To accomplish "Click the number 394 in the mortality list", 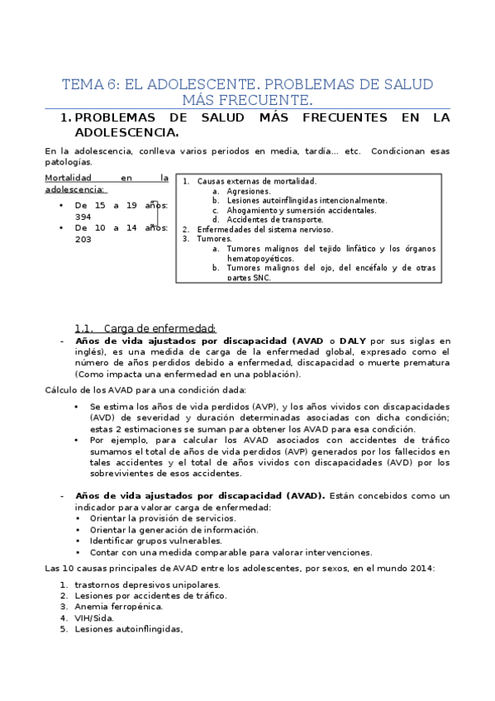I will (x=83, y=217).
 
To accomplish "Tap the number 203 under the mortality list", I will (x=83, y=239).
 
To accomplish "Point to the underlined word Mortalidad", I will (x=69, y=177).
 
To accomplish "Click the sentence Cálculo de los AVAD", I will (x=145, y=389).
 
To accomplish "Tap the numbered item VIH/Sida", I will (x=94, y=617).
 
